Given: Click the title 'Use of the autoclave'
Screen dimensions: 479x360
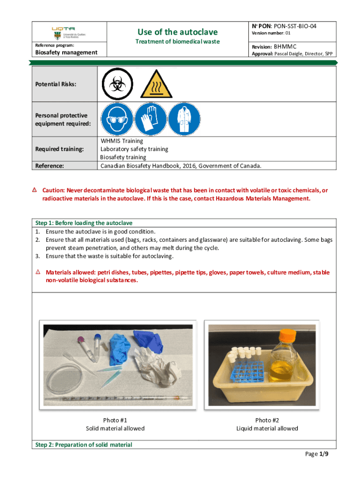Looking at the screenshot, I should (x=177, y=32).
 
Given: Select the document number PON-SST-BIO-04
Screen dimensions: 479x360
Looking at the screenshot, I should (x=296, y=26).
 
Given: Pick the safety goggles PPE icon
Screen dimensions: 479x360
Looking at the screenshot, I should (x=116, y=119).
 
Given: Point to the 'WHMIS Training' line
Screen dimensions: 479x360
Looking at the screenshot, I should (x=122, y=141).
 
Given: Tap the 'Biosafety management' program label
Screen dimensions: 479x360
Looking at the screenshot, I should (x=66, y=52).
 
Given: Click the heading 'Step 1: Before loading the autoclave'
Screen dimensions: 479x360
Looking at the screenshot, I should (x=86, y=223).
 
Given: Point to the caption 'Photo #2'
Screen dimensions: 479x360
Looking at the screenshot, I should (x=267, y=420).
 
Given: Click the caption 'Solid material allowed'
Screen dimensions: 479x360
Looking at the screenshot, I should (x=115, y=428).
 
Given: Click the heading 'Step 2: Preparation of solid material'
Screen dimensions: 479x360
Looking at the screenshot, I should (x=84, y=445).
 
